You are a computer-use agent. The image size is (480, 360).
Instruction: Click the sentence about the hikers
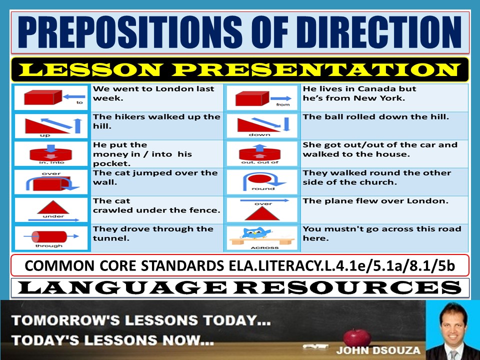tap(156, 121)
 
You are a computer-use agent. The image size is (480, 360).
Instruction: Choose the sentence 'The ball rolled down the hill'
tap(375, 117)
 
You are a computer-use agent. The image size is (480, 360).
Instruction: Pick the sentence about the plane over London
tap(375, 201)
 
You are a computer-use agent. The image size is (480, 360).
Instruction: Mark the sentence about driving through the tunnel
tap(152, 233)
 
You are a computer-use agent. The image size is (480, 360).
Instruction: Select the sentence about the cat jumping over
tap(155, 177)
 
